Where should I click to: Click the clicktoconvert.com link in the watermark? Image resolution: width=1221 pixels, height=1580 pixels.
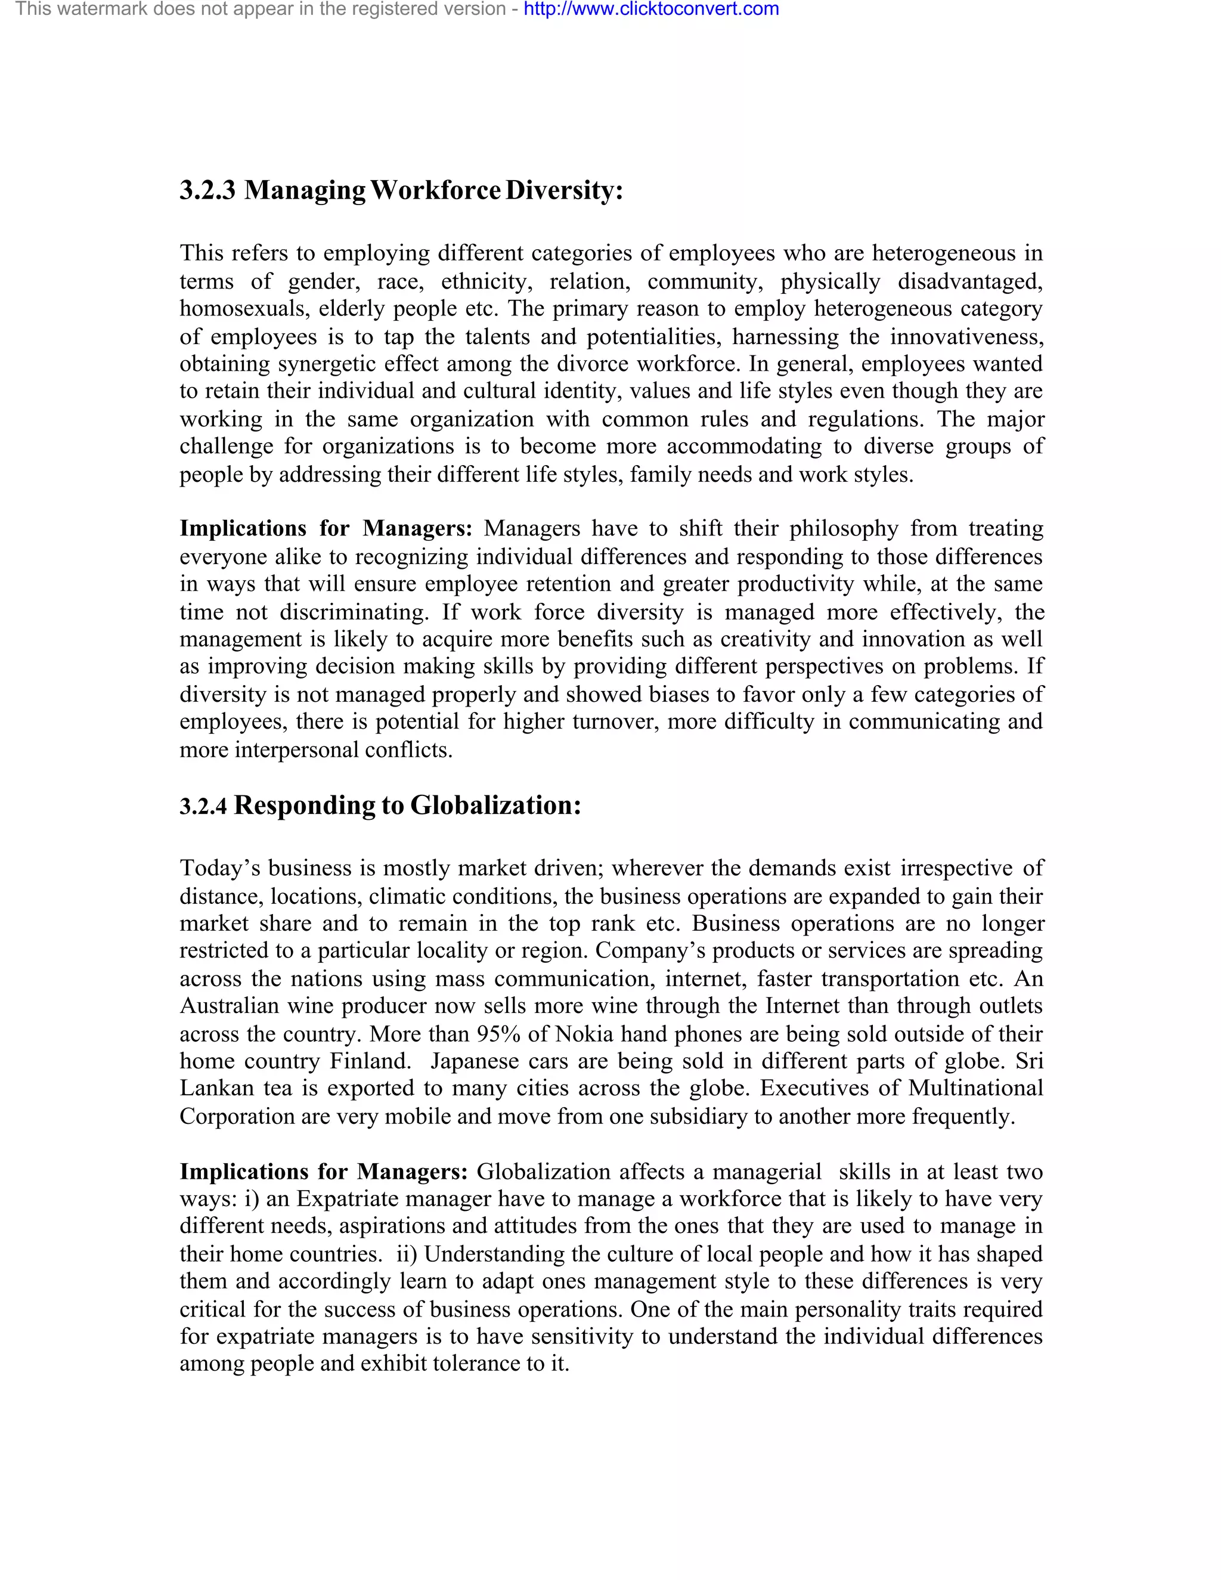(x=651, y=10)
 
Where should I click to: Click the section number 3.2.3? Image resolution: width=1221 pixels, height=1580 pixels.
(x=207, y=191)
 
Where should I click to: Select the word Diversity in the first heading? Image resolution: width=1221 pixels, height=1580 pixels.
(x=563, y=191)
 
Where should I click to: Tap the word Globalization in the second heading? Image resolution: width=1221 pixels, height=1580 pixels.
(x=495, y=805)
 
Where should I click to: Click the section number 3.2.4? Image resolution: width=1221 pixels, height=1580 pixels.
(x=203, y=807)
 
